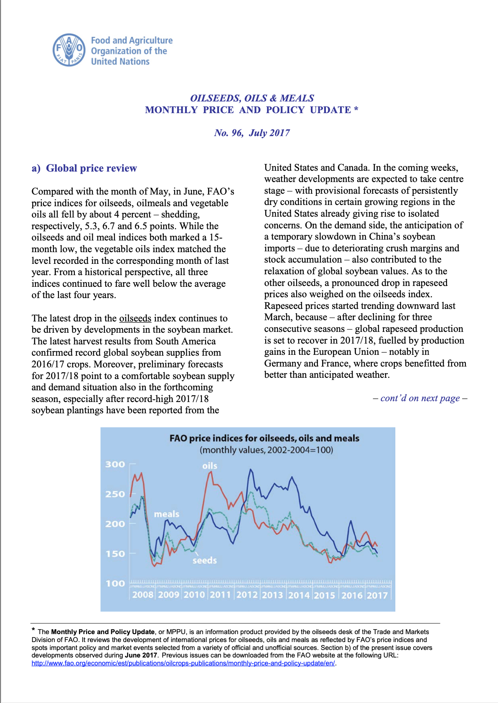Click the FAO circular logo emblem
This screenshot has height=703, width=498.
(x=69, y=50)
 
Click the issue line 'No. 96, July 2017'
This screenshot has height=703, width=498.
(x=252, y=133)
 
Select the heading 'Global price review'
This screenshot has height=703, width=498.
(x=91, y=168)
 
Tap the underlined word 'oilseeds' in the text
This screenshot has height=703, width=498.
(x=135, y=318)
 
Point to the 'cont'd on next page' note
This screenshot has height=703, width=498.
(x=420, y=398)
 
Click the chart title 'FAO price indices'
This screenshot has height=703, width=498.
(x=264, y=438)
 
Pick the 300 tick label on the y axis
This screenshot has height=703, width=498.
(x=115, y=464)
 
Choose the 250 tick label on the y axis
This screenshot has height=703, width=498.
(x=115, y=494)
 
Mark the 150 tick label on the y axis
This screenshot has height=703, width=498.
(x=115, y=554)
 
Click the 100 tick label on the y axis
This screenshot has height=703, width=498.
(x=115, y=584)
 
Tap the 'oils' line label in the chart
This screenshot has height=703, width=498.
(x=210, y=466)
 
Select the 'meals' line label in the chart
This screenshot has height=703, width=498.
(x=166, y=514)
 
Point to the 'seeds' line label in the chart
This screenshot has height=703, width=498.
(x=204, y=561)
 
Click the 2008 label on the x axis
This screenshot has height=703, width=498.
(x=143, y=595)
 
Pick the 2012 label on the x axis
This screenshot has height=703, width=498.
(x=247, y=595)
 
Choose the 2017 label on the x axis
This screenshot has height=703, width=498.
(x=377, y=595)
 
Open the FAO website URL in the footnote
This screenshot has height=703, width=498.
(x=183, y=663)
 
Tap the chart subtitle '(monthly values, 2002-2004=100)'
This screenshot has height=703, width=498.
(x=266, y=450)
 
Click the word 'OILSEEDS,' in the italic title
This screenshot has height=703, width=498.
(x=215, y=98)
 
